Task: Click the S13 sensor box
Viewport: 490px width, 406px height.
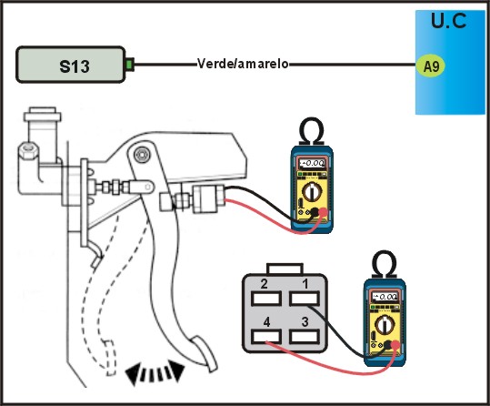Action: [x=71, y=65]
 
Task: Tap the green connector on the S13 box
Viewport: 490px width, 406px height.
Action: [x=130, y=65]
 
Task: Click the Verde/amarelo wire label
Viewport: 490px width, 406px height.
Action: [x=243, y=64]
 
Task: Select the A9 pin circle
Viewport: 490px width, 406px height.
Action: [x=431, y=66]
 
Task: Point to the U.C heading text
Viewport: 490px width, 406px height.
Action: [x=449, y=21]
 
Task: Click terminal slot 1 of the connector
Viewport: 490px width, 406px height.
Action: [x=305, y=299]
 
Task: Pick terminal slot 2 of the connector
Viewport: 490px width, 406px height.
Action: [x=266, y=299]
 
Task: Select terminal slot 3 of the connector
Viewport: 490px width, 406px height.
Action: [x=305, y=337]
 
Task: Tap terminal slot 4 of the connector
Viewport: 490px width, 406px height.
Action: [x=266, y=337]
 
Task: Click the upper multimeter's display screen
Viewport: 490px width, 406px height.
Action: [x=312, y=163]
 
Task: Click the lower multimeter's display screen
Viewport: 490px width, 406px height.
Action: [x=385, y=296]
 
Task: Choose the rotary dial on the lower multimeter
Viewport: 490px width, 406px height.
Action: [x=385, y=325]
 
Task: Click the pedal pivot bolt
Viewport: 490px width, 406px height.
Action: [x=141, y=154]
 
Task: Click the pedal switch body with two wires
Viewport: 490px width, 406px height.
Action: [x=208, y=198]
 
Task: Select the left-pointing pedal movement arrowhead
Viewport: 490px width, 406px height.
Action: [x=132, y=374]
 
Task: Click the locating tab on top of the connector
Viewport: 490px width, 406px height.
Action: [x=285, y=269]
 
